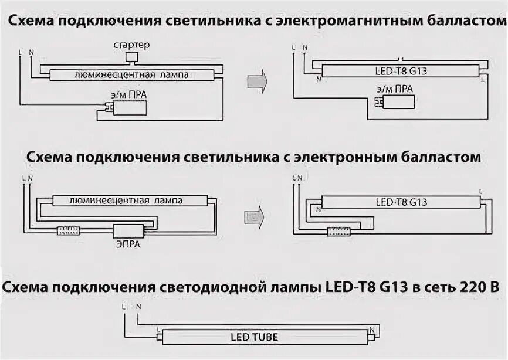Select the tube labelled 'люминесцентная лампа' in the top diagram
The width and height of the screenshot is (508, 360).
click(x=131, y=75)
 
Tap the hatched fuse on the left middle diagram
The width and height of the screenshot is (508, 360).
click(x=69, y=230)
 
